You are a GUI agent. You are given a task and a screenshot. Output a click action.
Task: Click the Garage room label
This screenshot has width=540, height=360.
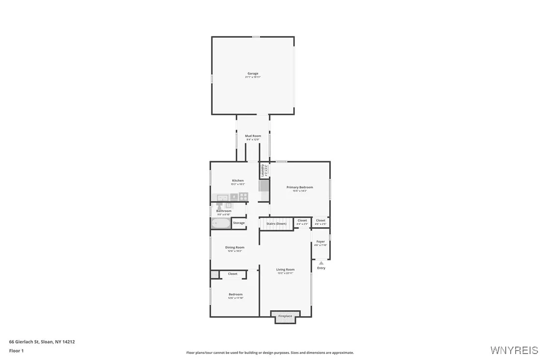click(x=253, y=74)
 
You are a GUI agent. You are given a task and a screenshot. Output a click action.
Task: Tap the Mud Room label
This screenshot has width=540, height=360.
click(x=253, y=136)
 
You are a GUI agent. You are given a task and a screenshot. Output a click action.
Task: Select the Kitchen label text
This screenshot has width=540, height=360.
click(x=238, y=180)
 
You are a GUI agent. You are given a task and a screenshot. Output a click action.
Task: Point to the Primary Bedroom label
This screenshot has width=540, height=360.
click(x=299, y=187)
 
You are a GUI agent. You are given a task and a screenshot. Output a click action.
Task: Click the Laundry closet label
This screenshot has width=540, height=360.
click(x=263, y=170)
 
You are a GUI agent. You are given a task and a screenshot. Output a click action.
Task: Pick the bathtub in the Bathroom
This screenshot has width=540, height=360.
click(x=220, y=223)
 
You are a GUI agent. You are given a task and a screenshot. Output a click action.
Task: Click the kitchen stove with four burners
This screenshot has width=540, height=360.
click(x=243, y=196)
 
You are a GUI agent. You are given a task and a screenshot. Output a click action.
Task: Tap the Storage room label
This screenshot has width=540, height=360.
click(x=239, y=223)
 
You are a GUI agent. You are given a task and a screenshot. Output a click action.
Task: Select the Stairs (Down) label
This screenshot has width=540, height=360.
click(x=276, y=224)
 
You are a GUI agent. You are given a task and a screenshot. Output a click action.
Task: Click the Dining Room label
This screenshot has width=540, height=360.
click(x=235, y=247)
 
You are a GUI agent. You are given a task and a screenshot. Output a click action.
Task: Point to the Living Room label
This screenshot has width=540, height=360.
click(x=285, y=270)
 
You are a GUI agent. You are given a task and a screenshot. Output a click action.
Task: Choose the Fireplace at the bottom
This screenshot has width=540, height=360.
click(x=285, y=316)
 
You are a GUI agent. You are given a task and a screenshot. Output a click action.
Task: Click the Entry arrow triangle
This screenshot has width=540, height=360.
click(x=321, y=263)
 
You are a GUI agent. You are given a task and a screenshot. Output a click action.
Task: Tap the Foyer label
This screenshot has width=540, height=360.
click(x=321, y=242)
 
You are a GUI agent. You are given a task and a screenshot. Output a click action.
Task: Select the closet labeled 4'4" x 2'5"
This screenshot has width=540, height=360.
click(x=302, y=221)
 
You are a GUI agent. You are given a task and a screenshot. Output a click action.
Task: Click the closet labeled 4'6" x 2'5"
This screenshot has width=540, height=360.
click(x=321, y=221)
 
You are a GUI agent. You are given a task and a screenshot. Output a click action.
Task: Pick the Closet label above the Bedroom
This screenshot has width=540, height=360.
click(x=233, y=274)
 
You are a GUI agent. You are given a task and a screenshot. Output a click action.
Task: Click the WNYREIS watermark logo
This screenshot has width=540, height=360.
click(x=514, y=350)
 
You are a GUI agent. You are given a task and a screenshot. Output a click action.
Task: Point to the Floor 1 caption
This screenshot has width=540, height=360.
click(x=16, y=351)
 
